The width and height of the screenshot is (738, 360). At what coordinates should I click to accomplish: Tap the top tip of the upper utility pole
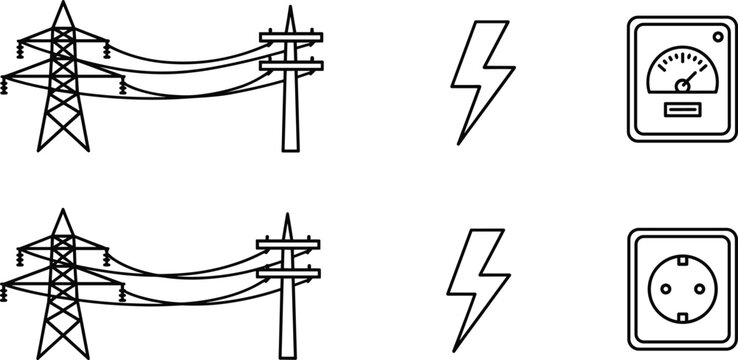click(291, 9)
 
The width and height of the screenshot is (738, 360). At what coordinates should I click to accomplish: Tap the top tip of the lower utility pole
click(290, 214)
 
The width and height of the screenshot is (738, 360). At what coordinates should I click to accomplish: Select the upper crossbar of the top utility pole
click(291, 39)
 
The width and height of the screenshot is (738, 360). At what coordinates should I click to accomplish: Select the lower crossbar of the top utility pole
click(291, 65)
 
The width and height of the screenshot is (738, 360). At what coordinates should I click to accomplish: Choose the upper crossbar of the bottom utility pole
click(290, 244)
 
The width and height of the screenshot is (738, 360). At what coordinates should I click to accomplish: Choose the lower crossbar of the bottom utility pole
click(290, 270)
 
